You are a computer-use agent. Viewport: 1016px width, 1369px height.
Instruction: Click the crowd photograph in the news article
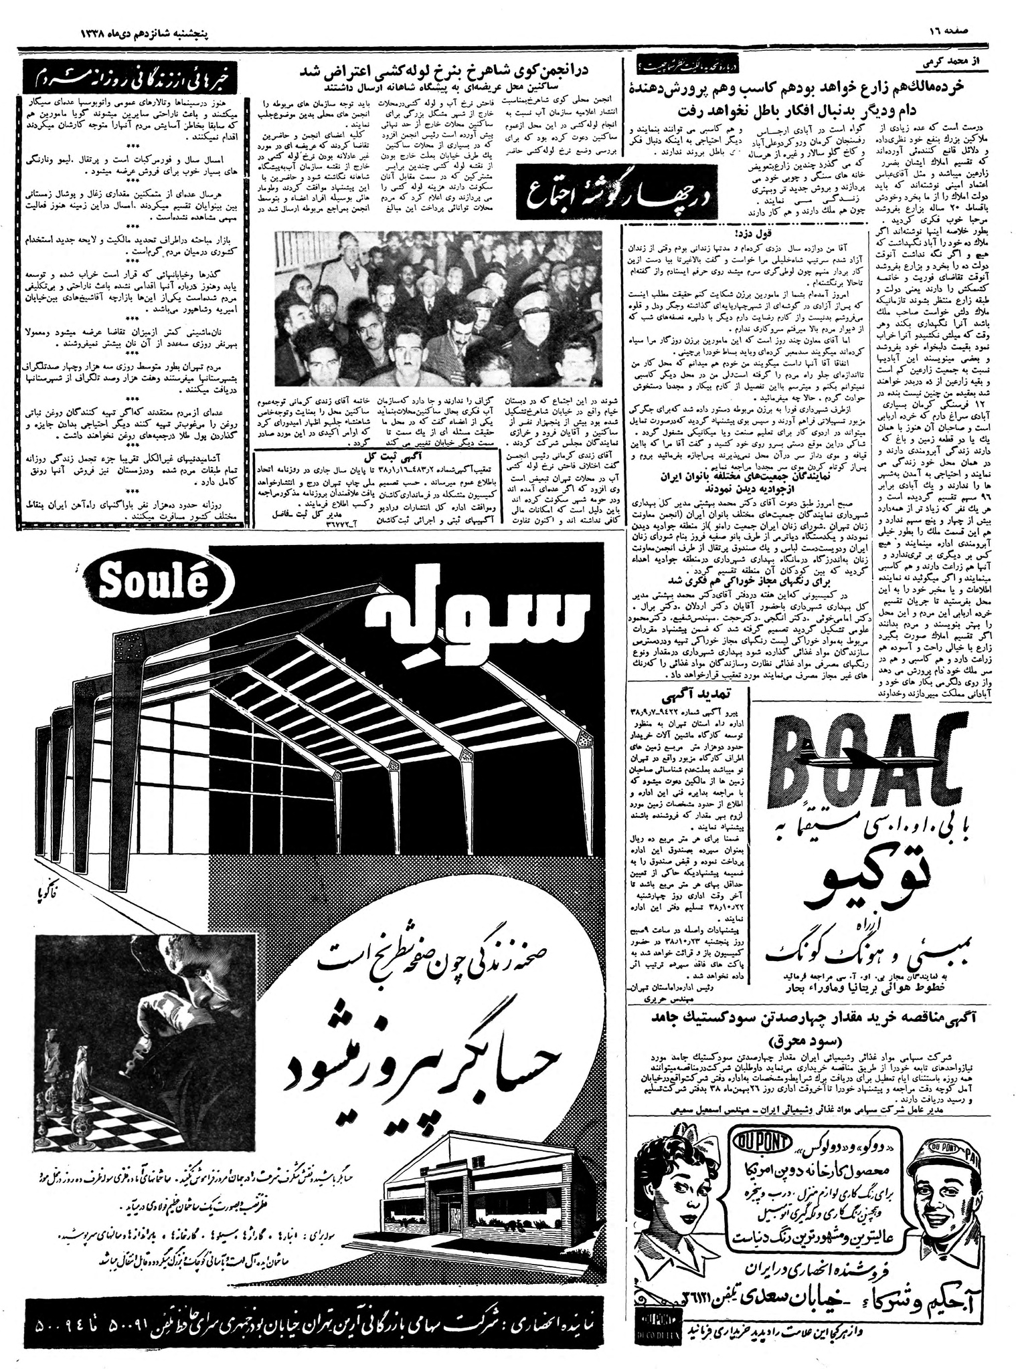coord(439,304)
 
